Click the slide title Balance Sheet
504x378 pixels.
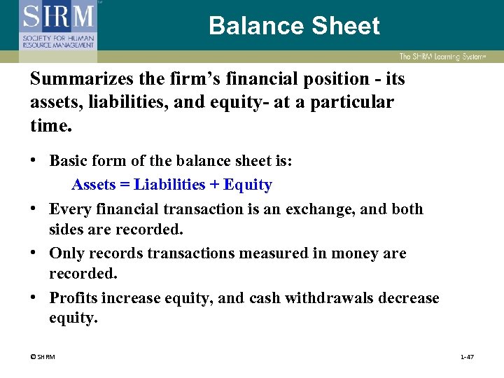[294, 26]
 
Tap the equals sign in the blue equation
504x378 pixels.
[128, 185]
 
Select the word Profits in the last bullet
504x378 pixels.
[73, 298]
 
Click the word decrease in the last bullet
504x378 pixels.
[409, 298]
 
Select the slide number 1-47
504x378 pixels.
[467, 358]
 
